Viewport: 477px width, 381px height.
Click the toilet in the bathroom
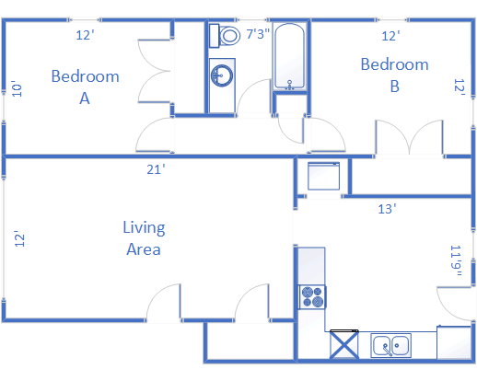225,36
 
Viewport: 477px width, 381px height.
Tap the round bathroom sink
222,75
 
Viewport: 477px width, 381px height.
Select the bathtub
289,56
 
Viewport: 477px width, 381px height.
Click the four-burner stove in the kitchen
312,297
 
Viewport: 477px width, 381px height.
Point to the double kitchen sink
390,345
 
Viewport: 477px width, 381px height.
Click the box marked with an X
343,344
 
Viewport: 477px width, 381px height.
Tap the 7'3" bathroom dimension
258,34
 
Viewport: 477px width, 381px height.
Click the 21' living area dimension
156,169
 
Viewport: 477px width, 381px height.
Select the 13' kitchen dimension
387,209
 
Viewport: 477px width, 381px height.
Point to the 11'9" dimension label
456,260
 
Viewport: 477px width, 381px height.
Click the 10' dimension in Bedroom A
17,88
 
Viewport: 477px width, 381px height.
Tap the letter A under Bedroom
85,98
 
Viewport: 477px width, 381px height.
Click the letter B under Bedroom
395,87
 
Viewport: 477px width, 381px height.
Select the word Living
144,228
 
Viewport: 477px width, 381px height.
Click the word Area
144,249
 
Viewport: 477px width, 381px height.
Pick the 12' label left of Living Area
19,238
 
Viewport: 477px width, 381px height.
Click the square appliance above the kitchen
324,176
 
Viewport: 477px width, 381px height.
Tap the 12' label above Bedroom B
390,36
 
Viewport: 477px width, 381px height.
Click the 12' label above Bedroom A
85,35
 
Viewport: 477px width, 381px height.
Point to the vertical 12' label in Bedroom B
460,87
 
